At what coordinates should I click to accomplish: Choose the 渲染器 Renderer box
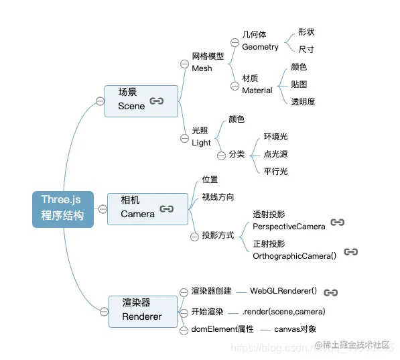coord(143,311)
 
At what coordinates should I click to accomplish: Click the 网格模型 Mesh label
coord(208,62)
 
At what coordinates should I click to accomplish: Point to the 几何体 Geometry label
coord(260,41)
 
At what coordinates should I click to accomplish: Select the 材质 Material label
coord(257,84)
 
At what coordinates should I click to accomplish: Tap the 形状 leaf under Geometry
coord(306,32)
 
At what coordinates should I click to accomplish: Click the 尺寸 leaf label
coord(306,50)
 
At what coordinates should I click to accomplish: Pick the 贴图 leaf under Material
coord(299,84)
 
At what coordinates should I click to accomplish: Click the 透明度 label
coord(303,102)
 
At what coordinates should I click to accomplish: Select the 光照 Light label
coord(201,137)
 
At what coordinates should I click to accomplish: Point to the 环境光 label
coord(275,137)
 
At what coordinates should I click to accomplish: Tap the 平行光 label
coord(275,171)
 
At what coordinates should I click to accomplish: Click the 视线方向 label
coord(218,197)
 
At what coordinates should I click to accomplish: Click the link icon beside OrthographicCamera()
coord(350,252)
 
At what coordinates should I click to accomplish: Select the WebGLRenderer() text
coord(283,292)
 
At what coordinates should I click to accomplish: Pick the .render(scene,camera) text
coord(283,312)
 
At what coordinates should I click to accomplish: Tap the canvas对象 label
coord(294,329)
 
